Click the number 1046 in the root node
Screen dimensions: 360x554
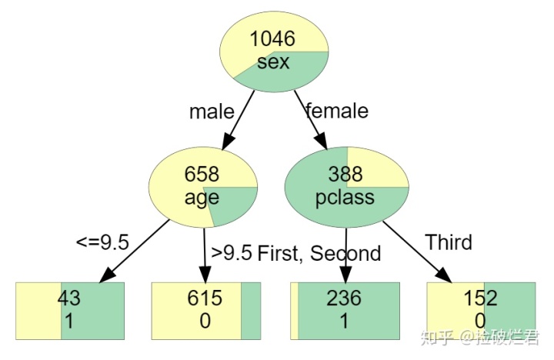(x=273, y=38)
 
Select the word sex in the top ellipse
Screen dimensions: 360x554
(x=273, y=62)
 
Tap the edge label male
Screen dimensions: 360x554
(x=212, y=112)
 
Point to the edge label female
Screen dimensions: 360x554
(x=337, y=111)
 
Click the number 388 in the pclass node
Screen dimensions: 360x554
(x=345, y=174)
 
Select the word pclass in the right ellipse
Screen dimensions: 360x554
(x=345, y=197)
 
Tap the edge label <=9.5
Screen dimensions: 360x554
(x=102, y=243)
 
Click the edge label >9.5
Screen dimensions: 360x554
(x=232, y=253)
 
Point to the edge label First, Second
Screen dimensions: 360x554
(x=319, y=253)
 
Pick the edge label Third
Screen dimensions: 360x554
(x=449, y=243)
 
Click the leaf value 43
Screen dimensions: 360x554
(x=69, y=298)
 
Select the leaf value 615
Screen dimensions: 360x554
(x=205, y=298)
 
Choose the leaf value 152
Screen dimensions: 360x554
(x=480, y=298)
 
